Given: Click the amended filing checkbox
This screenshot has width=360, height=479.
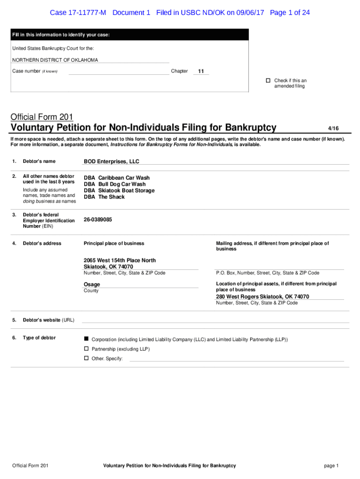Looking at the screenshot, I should coord(268,80).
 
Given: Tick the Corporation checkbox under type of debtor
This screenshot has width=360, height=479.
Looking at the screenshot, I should coord(86,339).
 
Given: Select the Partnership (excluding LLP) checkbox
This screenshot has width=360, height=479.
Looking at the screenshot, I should coord(86,349).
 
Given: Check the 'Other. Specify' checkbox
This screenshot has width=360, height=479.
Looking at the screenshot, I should coord(86,358).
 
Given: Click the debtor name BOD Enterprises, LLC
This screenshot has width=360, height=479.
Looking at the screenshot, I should coord(111,161).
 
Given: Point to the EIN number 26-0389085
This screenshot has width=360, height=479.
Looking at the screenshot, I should coord(98,219).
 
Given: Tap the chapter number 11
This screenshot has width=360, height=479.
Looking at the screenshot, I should coord(201,71).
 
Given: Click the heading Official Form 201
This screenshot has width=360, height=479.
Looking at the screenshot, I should coord(42,117).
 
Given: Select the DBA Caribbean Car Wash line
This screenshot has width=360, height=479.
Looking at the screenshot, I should coord(116,178).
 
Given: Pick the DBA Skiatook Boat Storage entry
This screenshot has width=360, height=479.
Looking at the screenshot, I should coord(119,190).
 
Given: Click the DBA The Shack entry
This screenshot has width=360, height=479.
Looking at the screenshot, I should coord(104,197).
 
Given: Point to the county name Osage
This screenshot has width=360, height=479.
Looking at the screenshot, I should coord(92,284).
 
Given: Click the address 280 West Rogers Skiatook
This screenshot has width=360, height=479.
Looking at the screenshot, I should coord(262,297).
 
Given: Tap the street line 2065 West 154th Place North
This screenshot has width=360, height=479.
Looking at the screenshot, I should coord(120,260).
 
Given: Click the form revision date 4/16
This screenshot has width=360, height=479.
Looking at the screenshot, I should coord(333,128).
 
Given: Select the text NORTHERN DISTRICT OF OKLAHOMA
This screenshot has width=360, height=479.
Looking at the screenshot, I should coord(55,60).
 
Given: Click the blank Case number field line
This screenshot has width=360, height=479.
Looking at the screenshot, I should coord(119,73).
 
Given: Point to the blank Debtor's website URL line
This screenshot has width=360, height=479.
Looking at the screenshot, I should coord(215,321).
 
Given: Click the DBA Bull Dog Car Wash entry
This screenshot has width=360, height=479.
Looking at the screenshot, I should coord(115,184).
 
